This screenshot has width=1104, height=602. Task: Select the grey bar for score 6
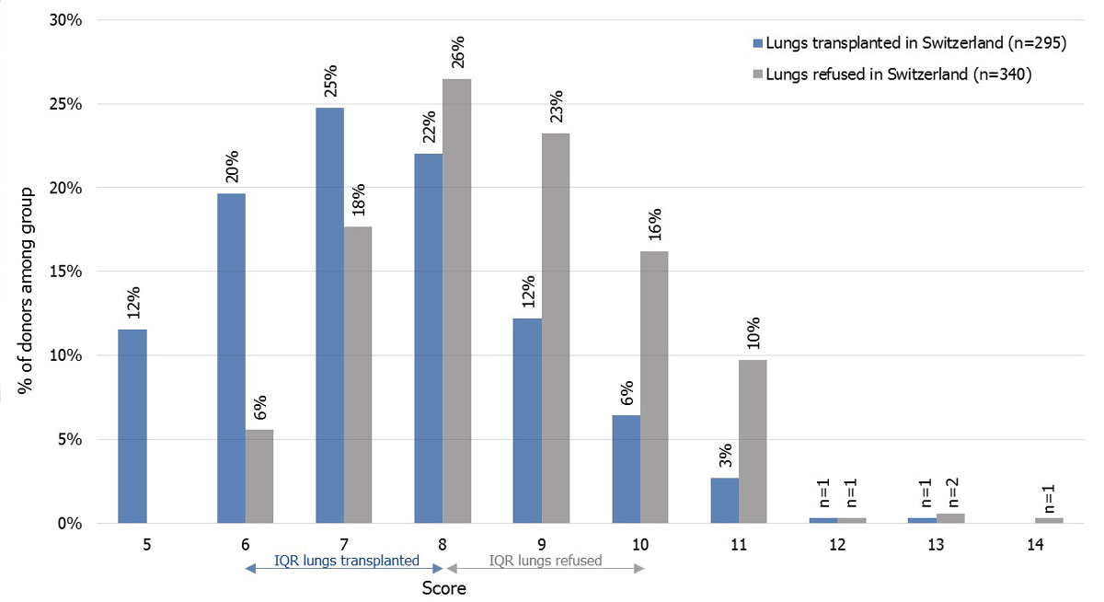[x=259, y=476]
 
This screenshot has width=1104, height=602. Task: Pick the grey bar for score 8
[x=457, y=301]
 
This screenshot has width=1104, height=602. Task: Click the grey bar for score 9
[x=556, y=328]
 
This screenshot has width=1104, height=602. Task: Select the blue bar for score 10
[x=626, y=469]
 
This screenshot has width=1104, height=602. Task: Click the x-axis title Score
[x=443, y=588]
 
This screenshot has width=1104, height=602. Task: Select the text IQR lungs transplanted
[x=347, y=561]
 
